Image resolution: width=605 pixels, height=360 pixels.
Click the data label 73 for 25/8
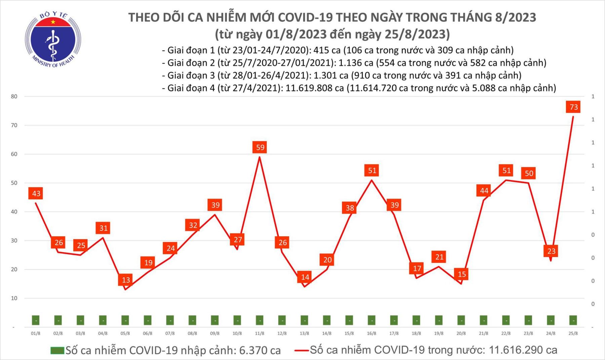tap(573, 107)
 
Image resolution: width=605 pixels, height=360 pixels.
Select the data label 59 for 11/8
tap(260, 147)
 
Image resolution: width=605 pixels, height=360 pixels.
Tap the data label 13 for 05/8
tap(126, 280)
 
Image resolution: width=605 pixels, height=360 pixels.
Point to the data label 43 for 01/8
tap(36, 193)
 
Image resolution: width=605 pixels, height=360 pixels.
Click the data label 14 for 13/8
tap(305, 277)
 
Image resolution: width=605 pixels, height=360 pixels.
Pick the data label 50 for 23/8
tap(529, 173)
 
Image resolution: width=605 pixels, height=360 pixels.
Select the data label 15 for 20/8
tap(461, 274)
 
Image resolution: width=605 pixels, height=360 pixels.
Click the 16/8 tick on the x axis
tap(371, 333)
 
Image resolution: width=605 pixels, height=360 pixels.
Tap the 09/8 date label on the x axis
tap(215, 333)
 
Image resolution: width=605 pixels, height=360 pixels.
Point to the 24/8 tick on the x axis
tap(551, 333)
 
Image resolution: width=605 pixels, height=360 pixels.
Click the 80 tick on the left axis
tap(14, 96)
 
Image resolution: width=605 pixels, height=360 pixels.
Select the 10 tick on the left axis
tap(14, 298)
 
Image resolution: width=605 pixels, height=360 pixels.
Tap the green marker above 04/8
tap(103, 320)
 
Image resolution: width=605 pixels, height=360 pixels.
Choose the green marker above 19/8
tap(439, 320)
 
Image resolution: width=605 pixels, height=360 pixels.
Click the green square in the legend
tap(57, 351)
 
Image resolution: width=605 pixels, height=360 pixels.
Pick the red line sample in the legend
tap(301, 351)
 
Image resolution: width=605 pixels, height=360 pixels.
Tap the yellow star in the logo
tap(53, 22)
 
